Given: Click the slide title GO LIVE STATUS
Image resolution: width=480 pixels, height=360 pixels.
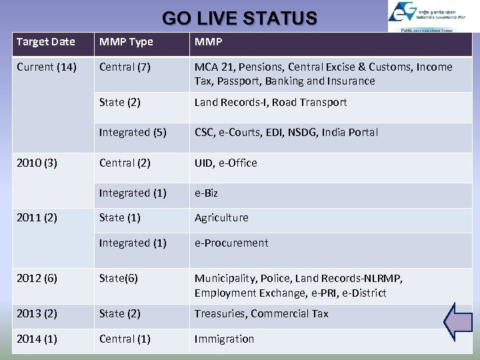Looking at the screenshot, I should [x=239, y=18].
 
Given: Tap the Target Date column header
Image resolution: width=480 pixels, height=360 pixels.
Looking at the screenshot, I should [x=45, y=42].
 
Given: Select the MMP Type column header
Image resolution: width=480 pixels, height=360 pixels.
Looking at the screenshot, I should [x=126, y=42].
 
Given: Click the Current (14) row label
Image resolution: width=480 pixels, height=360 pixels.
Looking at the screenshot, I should [x=47, y=67].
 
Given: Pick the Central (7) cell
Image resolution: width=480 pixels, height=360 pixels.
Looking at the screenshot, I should [x=125, y=67].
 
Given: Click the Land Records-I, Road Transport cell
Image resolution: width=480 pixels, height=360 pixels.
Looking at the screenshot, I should [x=270, y=103].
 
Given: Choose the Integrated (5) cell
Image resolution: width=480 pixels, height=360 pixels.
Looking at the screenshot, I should [x=133, y=133].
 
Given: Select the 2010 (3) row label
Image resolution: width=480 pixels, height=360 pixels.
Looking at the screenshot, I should [x=37, y=163].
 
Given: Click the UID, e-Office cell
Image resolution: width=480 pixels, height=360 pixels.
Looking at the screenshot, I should [x=225, y=163].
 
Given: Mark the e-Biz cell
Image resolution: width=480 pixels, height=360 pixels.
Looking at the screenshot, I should [x=206, y=193].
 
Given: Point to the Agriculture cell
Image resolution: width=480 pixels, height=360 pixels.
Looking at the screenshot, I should [x=221, y=218].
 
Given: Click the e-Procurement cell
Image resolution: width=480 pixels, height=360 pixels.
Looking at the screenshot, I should [x=231, y=243].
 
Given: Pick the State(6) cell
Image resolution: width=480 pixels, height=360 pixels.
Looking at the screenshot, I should [x=118, y=279].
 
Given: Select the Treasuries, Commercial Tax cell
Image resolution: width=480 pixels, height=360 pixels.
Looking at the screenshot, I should [x=261, y=314].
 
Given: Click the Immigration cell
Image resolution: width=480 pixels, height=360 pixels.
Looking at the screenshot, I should [x=224, y=339].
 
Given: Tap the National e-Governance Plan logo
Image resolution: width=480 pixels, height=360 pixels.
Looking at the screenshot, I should [x=429, y=16].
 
